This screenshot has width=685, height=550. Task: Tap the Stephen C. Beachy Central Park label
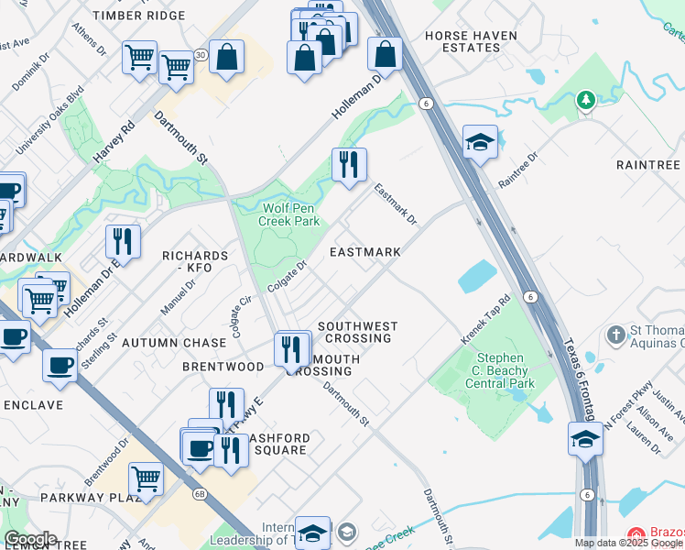500,371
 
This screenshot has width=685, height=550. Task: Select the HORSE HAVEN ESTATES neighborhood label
471,43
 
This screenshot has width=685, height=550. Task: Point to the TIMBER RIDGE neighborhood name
138,16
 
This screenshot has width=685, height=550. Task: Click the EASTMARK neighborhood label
364,252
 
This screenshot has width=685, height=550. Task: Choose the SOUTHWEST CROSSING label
357,332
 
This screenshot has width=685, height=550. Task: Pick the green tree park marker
586,99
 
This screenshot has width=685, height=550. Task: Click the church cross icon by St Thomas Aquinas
616,335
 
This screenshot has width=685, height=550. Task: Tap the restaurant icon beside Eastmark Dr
348,165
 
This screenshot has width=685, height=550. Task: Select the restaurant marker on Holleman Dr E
123,242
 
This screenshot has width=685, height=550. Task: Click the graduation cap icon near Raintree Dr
479,141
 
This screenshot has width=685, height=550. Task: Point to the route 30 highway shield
200,55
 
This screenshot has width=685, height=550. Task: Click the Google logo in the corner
30,539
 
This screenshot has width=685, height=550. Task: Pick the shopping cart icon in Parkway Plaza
146,478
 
